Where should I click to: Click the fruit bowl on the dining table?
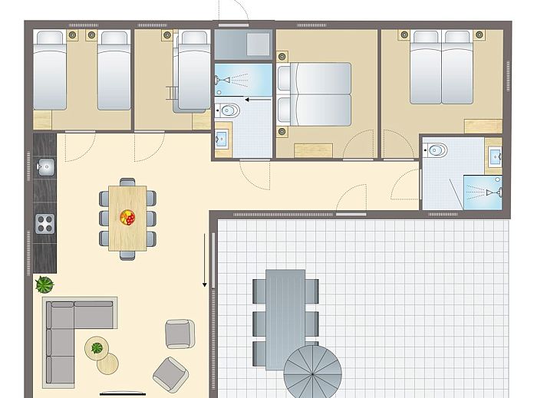tap(127, 218)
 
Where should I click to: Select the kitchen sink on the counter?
tap(45, 166)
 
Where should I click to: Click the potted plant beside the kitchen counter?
tap(44, 285)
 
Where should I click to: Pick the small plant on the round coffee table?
tap(97, 348)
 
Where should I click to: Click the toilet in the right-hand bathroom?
tap(437, 150)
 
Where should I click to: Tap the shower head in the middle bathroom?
tap(222, 80)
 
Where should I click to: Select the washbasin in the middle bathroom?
tap(223, 139)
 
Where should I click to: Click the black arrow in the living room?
tap(205, 261)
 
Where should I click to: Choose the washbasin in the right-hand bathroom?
tap(495, 156)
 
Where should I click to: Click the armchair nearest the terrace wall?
tap(180, 334)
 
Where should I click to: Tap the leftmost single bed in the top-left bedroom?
tap(49, 71)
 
